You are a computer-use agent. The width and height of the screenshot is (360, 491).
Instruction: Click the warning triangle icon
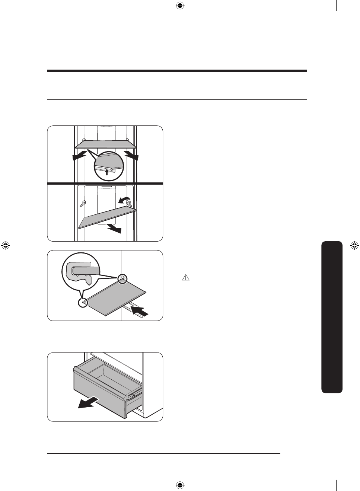tap(186, 277)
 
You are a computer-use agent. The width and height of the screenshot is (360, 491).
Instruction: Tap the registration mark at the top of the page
tap(180, 6)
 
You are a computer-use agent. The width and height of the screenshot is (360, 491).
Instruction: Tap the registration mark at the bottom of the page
tap(180, 485)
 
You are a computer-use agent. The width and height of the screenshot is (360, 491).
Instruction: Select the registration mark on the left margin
tap(6, 245)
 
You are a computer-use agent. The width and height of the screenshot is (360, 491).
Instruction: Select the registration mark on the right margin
tap(354, 245)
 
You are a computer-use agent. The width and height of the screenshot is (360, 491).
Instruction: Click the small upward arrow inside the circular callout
tap(107, 172)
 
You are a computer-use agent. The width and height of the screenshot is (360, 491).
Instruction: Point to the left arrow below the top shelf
tap(80, 156)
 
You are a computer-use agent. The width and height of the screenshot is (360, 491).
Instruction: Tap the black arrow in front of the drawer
tap(88, 402)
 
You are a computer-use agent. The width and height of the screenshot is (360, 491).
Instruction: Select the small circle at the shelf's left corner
tap(83, 303)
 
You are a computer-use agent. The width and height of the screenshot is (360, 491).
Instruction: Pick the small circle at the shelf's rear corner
tap(122, 278)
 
